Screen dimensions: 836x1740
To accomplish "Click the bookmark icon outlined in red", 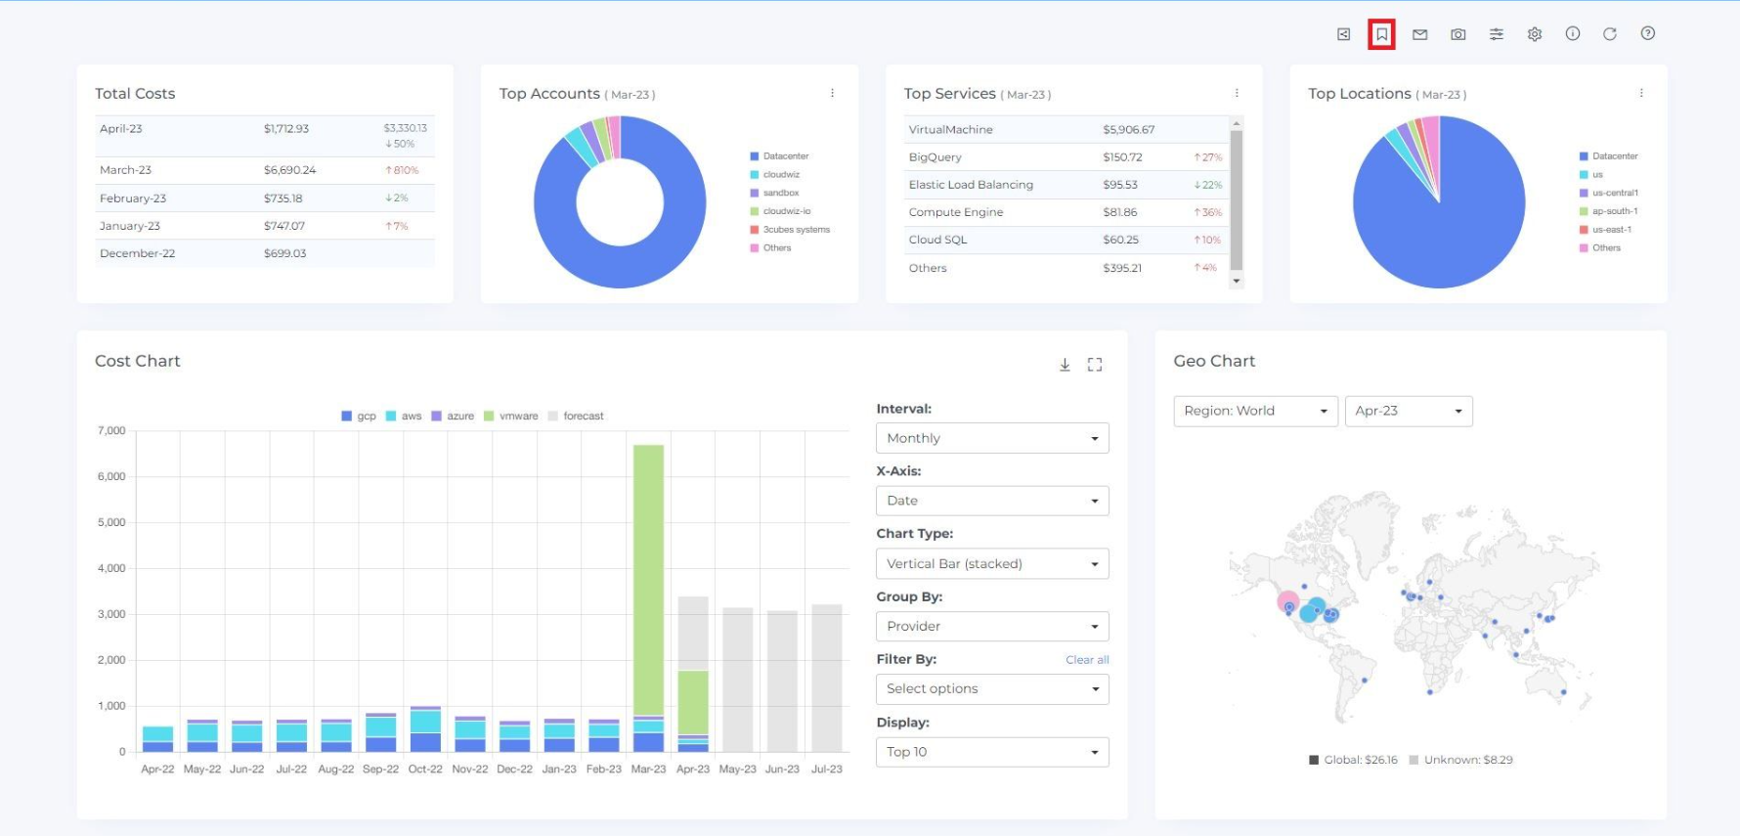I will (1381, 34).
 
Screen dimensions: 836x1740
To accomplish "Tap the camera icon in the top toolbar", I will (1457, 34).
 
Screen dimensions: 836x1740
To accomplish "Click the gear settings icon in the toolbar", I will (1535, 34).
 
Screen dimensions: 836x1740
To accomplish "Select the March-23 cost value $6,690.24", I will (289, 170).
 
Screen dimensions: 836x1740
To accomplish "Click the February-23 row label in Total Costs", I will (133, 198).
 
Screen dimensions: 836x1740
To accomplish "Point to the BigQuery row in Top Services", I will (935, 157).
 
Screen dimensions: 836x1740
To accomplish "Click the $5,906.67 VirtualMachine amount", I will (1128, 130).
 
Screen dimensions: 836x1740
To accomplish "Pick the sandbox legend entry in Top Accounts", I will (780, 194).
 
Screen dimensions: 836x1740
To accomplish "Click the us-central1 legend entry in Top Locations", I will (1614, 194).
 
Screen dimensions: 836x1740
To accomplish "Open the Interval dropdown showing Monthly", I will (991, 438).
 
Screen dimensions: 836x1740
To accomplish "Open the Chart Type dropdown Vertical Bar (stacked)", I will (991, 564).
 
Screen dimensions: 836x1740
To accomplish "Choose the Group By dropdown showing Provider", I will (991, 627).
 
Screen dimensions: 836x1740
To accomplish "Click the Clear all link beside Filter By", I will (1087, 660).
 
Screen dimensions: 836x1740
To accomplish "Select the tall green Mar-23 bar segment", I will (648, 577).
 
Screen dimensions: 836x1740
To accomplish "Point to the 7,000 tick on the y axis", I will (111, 431).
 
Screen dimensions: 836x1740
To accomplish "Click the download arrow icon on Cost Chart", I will (1065, 365).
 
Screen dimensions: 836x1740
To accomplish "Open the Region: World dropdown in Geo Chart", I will (1255, 412).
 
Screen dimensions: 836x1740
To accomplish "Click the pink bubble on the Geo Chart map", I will (1286, 599).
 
